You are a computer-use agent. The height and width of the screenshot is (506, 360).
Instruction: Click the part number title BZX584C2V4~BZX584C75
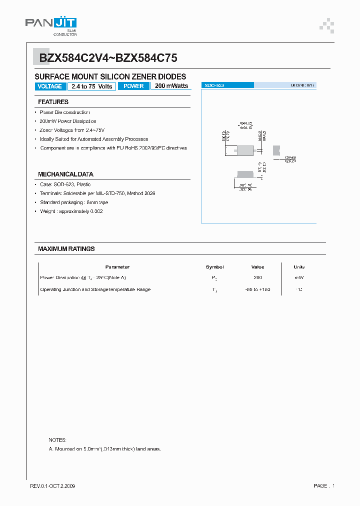coord(108,58)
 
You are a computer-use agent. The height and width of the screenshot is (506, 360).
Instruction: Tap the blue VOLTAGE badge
coord(49,86)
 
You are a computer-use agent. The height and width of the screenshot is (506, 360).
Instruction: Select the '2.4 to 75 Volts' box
coord(91,86)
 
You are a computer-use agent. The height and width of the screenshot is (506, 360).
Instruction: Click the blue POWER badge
coord(133,86)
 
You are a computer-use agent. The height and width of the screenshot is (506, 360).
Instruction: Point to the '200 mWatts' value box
coord(171,86)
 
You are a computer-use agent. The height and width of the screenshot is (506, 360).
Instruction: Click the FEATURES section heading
coord(53,102)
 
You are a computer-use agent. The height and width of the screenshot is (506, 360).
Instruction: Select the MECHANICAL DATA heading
coord(65,174)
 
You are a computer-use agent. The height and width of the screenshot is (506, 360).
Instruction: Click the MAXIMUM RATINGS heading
coord(66,248)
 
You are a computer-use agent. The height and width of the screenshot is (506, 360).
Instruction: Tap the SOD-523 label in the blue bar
coord(214,86)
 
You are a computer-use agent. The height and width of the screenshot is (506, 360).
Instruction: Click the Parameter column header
coord(117,267)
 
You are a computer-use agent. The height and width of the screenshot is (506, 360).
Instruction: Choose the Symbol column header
coord(214,267)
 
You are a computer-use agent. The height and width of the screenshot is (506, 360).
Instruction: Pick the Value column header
coord(258,267)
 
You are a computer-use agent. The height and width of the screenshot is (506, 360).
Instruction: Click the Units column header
coord(299,267)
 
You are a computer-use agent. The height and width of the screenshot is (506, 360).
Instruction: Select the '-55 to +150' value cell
coord(258,289)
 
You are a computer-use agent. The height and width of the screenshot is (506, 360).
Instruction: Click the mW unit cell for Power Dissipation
coord(299,277)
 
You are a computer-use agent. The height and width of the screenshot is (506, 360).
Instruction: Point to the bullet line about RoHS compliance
coord(113,148)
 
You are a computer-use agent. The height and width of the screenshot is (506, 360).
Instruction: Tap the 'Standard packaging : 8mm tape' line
coord(74,202)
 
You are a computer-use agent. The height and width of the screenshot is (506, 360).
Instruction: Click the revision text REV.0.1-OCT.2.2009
coord(53,486)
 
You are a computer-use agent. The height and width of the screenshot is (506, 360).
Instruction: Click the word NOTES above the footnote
coord(57,440)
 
